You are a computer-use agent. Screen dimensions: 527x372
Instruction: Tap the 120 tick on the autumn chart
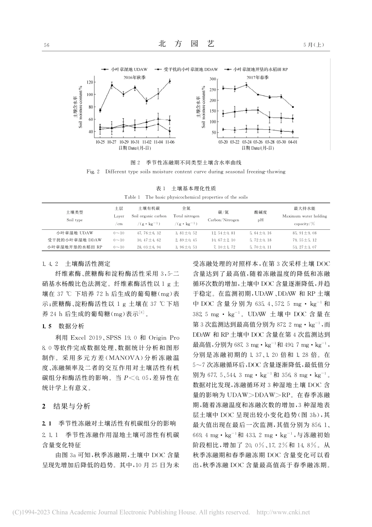click(90, 82)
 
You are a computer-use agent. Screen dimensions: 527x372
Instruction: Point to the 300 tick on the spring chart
click(213, 79)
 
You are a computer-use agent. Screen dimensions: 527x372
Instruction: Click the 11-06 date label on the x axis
click(170, 142)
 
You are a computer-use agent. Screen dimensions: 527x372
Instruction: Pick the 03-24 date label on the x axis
click(247, 142)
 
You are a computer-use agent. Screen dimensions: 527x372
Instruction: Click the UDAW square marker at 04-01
click(293, 107)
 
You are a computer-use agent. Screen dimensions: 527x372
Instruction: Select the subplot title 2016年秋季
click(134, 78)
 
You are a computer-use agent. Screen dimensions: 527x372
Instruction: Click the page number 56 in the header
click(47, 45)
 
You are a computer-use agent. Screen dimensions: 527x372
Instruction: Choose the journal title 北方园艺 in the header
click(186, 44)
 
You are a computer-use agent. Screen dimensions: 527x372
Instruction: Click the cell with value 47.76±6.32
click(149, 233)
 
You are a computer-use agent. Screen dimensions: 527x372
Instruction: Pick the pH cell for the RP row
click(260, 247)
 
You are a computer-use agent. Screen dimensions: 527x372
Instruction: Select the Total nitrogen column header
click(186, 216)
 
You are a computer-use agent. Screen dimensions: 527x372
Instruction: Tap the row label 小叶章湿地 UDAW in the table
click(74, 233)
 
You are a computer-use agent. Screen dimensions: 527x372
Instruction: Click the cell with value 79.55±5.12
click(304, 240)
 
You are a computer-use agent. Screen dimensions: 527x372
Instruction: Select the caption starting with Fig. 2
click(186, 171)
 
